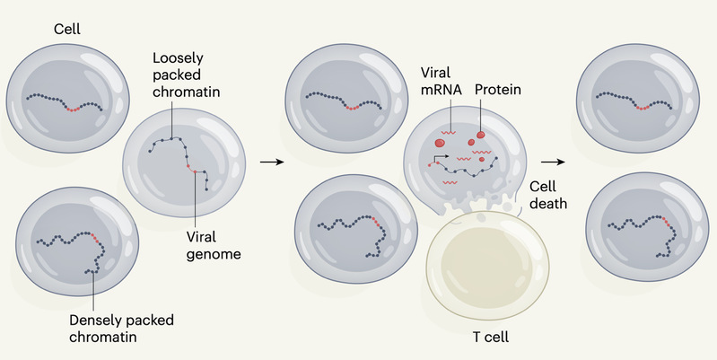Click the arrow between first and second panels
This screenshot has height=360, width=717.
pyautogui.click(x=267, y=162)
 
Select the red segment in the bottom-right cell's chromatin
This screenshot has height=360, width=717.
pyautogui.click(x=667, y=219)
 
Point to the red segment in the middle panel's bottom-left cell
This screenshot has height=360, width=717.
pyautogui.click(x=372, y=219)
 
